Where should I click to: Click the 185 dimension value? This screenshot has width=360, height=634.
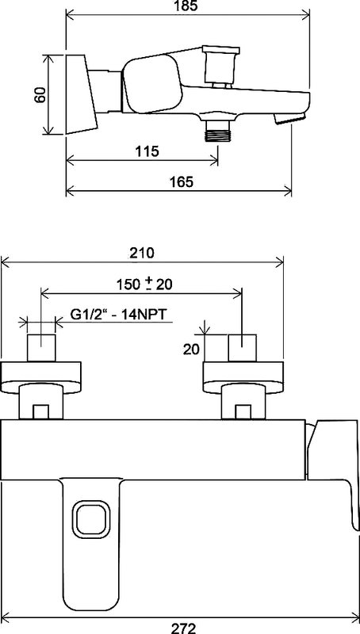(187, 6)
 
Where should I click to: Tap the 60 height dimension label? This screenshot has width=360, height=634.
(40, 95)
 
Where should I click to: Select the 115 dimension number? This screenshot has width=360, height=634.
(147, 151)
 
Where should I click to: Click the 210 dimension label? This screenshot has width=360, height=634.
(142, 253)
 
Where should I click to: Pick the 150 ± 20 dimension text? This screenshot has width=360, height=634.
(145, 284)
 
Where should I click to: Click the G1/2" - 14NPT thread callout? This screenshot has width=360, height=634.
(119, 314)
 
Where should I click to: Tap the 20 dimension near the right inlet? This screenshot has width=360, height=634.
(191, 349)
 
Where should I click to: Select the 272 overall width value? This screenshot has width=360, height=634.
(183, 628)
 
